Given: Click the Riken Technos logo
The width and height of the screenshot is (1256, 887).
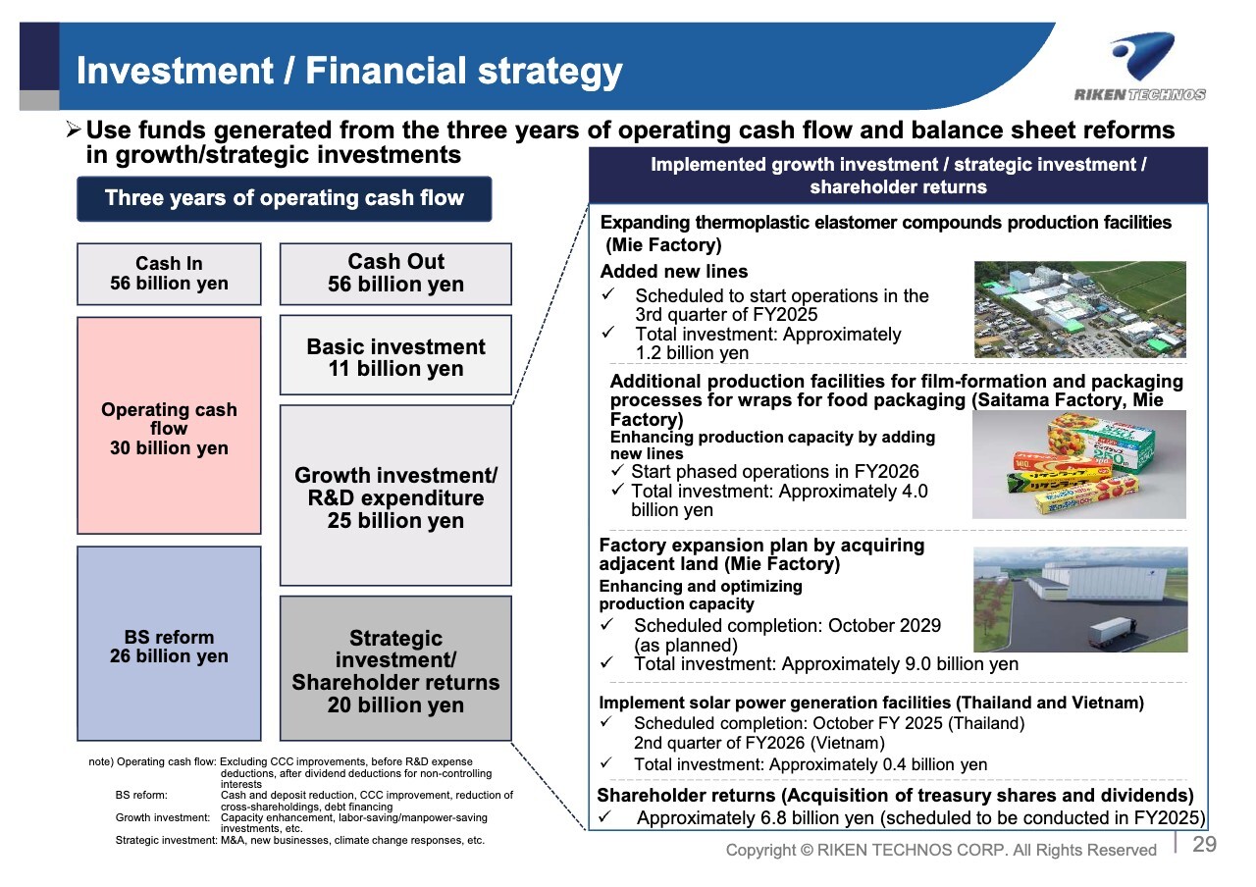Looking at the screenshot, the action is tap(1140, 66).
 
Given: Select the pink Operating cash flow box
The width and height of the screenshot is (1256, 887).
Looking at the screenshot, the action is tap(169, 426).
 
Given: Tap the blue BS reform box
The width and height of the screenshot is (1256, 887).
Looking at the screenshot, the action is tap(169, 643).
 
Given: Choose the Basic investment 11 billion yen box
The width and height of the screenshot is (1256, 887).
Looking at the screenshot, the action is tap(395, 355).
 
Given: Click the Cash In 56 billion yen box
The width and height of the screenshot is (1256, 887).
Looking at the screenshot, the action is tap(169, 274).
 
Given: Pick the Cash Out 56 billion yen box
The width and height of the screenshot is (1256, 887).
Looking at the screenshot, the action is tap(395, 274).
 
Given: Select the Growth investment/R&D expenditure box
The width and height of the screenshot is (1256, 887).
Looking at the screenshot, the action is tap(395, 496).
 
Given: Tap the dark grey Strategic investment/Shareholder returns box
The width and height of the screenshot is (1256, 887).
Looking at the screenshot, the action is tap(395, 668).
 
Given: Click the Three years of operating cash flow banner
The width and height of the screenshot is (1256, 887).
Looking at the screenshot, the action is tap(285, 198).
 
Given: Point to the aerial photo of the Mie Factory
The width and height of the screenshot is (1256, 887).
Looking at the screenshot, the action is tap(1080, 309).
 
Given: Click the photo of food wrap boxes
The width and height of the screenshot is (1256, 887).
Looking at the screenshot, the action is tap(1078, 464).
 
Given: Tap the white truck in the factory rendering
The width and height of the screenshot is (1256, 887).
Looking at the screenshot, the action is tap(1113, 631).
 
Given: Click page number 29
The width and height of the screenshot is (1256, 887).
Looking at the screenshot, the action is tap(1204, 844).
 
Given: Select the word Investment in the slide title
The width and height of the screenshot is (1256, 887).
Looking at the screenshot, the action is tap(175, 71).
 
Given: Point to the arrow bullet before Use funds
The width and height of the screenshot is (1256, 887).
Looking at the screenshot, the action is tap(74, 130).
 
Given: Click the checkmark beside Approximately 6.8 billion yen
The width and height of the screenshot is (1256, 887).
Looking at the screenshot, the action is tap(604, 815).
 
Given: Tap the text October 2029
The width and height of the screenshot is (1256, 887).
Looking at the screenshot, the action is tap(884, 625).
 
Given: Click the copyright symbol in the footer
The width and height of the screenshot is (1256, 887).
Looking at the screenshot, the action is tap(807, 850).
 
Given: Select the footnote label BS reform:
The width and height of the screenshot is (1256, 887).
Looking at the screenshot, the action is tap(141, 795).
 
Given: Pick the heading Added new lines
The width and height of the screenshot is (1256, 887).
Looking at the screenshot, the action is tap(674, 272).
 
